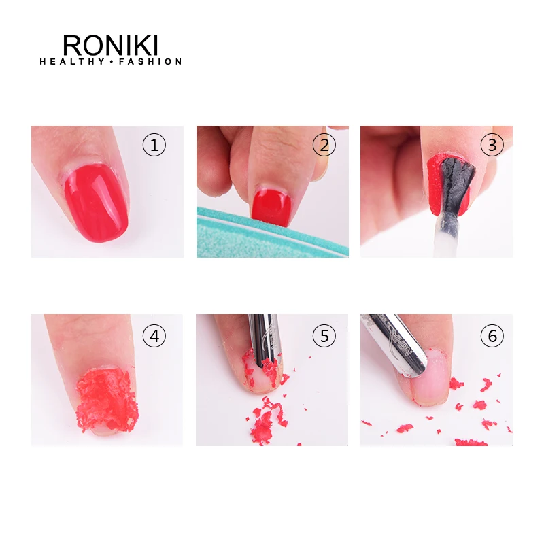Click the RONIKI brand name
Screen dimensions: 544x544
coord(110,45)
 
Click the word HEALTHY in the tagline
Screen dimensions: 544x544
coord(72,62)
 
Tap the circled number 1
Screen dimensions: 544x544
coord(154,145)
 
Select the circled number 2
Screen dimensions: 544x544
coord(324,145)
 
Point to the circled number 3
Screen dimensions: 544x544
coord(492,145)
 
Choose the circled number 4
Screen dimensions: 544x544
coord(154,336)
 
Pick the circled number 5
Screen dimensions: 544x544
coord(324,336)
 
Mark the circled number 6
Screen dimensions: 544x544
coord(492,336)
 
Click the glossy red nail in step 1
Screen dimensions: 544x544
coord(96,203)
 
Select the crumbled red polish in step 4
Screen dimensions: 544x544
coord(107,399)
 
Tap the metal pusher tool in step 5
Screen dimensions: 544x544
coord(265,340)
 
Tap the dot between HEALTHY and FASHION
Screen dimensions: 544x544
coord(112,62)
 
